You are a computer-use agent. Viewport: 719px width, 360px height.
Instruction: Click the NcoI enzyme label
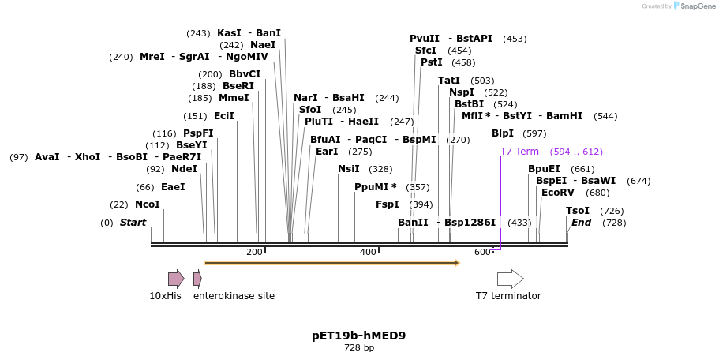pos(148,204)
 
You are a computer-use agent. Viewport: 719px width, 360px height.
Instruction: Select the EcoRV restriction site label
pos(558,193)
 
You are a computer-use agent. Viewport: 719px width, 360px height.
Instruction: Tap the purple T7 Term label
pos(519,152)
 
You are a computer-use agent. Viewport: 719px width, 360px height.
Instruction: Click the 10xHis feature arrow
pos(175,279)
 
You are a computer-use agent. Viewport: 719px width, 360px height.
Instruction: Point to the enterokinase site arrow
pos(197,279)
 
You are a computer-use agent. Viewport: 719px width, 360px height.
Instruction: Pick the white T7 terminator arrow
pos(510,279)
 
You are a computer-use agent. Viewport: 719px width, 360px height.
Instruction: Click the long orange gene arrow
pos(331,262)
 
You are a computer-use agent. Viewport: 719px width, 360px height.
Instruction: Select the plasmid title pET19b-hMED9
pos(359,336)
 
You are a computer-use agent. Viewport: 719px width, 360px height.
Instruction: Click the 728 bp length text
pos(359,347)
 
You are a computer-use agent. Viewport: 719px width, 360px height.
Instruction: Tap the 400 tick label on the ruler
pos(368,252)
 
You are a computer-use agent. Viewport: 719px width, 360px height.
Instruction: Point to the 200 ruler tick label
pos(254,252)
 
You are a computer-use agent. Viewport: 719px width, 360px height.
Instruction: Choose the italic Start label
pos(133,223)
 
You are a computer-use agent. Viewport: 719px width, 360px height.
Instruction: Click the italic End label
pos(581,223)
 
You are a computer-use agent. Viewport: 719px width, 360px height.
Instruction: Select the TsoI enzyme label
pos(578,211)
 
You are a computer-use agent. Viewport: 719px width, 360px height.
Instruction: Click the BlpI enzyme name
pos(503,133)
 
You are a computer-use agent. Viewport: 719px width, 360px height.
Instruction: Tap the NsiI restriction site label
pos(349,169)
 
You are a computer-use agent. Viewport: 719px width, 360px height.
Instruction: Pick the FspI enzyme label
pos(388,204)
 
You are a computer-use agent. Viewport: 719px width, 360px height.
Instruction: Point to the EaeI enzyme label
pos(173,187)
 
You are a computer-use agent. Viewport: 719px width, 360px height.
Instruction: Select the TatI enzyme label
pos(449,81)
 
